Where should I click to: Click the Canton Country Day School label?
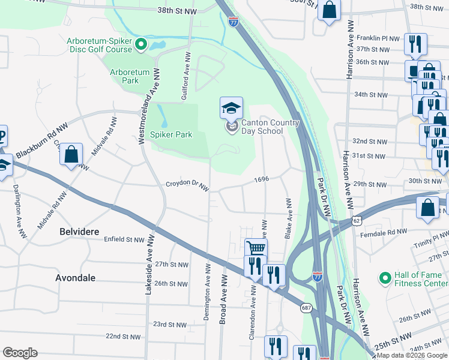click(x=270, y=127)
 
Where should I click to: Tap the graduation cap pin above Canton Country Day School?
click(x=231, y=108)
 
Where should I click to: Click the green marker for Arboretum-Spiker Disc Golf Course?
click(x=142, y=44)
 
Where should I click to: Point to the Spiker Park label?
click(x=171, y=134)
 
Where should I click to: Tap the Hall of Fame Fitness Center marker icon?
click(x=384, y=278)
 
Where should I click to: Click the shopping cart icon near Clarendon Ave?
click(x=256, y=247)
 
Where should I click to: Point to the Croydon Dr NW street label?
click(x=187, y=187)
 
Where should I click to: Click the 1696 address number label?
click(x=261, y=179)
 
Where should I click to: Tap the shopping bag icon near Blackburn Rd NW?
click(x=71, y=154)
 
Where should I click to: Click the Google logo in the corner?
click(x=20, y=353)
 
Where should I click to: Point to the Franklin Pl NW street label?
click(x=378, y=38)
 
